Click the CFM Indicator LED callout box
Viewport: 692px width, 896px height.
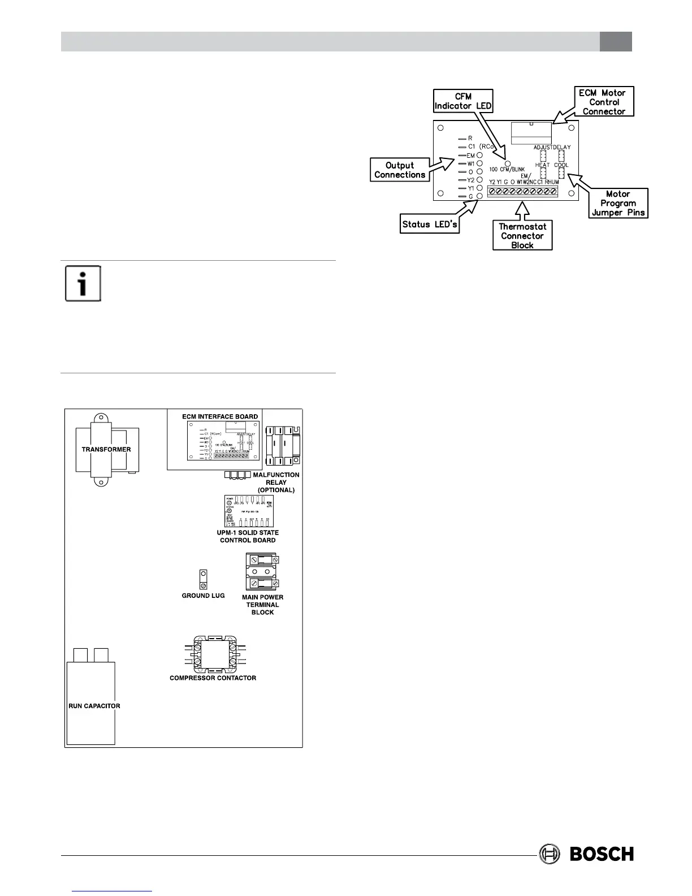click(x=462, y=101)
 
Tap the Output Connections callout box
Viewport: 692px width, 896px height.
click(x=399, y=170)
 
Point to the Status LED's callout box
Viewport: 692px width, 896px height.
click(x=430, y=225)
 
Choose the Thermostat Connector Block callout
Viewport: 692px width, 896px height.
click(x=522, y=236)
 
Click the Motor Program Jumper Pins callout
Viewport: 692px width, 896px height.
click(x=618, y=203)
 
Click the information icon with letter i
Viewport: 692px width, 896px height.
click(x=83, y=283)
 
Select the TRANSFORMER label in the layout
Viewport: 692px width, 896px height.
click(x=106, y=450)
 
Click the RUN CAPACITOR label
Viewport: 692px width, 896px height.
click(x=94, y=706)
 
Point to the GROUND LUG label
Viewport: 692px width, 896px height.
click(x=203, y=596)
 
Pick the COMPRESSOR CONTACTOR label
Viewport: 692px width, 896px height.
click(x=213, y=678)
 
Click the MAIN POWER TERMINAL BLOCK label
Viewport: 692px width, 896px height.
click(x=262, y=605)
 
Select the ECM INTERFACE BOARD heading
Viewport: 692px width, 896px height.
click(x=220, y=416)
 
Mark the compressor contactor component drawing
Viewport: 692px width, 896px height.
click(x=213, y=653)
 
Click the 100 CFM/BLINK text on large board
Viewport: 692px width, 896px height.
click(x=507, y=169)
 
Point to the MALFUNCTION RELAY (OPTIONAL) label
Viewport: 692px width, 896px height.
click(x=276, y=483)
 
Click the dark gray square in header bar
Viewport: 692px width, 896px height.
click(x=616, y=41)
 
